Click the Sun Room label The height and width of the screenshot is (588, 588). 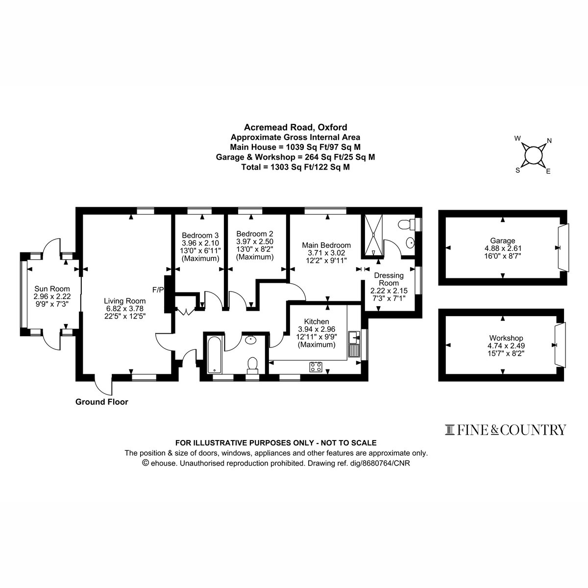(x=52, y=288)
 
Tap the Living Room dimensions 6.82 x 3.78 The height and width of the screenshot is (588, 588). (x=123, y=309)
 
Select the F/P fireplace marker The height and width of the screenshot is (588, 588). (x=158, y=290)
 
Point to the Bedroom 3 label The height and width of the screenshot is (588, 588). (x=200, y=235)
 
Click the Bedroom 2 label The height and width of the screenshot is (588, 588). (x=255, y=234)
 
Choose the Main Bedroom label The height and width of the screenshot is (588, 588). (x=326, y=245)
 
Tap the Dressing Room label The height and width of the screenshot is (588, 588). (x=389, y=279)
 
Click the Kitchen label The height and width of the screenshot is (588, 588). (x=317, y=321)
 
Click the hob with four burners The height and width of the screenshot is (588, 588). (x=316, y=367)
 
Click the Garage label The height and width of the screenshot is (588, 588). (x=503, y=241)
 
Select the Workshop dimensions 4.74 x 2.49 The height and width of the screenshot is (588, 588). (x=506, y=346)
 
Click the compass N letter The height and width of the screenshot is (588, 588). (x=549, y=141)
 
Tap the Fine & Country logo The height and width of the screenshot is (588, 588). (x=505, y=430)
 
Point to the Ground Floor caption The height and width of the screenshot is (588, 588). (x=101, y=402)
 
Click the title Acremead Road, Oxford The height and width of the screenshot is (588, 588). (x=295, y=127)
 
